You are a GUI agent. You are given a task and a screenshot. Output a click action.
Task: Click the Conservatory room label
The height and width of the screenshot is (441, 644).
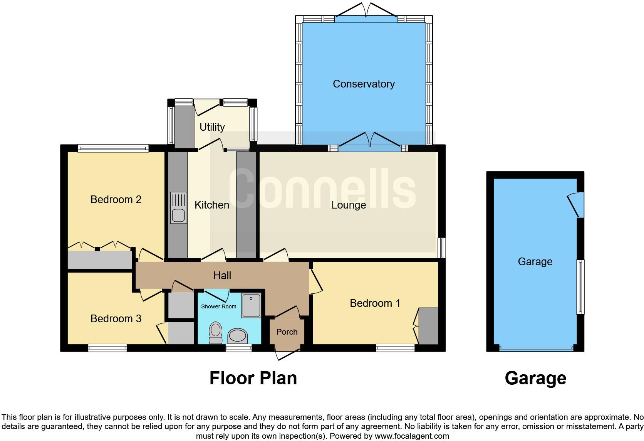pos(364,84)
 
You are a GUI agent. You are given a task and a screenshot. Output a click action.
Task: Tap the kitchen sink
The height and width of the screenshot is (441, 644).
pos(178,208)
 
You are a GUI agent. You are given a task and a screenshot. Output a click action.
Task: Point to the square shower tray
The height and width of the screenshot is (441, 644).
pos(251,305)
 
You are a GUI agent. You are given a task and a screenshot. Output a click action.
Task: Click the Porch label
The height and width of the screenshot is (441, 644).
pos(287,332)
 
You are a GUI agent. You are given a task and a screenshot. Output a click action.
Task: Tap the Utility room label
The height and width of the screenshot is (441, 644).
pos(212,127)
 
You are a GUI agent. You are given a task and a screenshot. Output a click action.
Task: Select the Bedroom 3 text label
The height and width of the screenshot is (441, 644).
pos(116,319)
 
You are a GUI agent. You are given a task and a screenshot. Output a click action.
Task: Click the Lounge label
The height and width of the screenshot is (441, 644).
pos(349,205)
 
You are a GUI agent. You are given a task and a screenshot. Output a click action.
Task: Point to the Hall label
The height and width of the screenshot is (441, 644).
pos(222,275)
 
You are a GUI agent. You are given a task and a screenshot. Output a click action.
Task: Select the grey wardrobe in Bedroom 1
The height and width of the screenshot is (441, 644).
pos(428,326)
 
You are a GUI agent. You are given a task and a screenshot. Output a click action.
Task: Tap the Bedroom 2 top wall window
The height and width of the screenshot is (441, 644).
pos(113,148)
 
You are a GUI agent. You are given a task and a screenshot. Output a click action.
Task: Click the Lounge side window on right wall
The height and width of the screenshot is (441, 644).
pos(443,247)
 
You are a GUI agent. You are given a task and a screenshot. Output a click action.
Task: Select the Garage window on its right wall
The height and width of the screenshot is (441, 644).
pos(580,287)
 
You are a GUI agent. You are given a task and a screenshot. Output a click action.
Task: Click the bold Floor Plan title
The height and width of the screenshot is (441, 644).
pos(253,378)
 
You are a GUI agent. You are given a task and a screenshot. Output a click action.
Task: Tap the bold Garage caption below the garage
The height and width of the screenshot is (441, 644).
pos(535,378)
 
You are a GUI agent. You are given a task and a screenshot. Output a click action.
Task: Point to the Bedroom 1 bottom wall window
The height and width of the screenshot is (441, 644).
pos(396,348)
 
